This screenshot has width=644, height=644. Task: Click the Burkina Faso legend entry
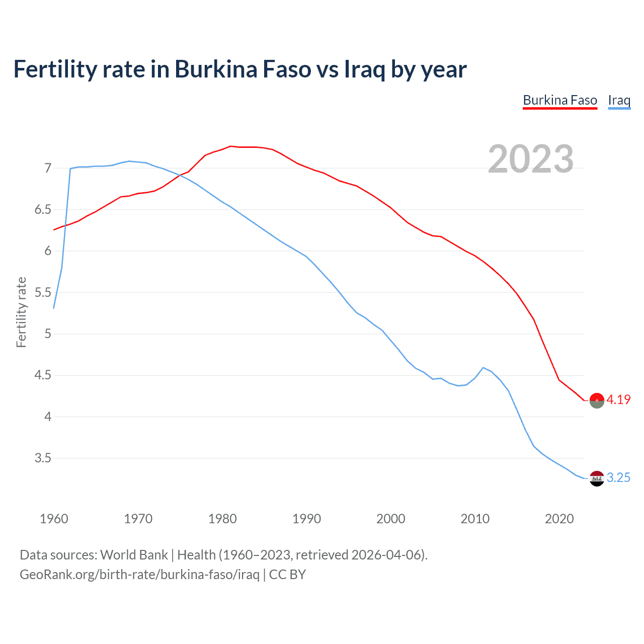pyautogui.click(x=560, y=100)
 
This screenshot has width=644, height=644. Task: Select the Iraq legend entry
pyautogui.click(x=619, y=100)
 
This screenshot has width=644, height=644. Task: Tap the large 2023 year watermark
pyautogui.click(x=531, y=159)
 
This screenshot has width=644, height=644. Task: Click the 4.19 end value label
pyautogui.click(x=618, y=399)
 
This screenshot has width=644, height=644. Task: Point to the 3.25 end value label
pyautogui.click(x=618, y=477)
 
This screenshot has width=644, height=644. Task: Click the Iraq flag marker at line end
pyautogui.click(x=597, y=478)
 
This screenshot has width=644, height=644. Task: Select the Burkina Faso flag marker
pyautogui.click(x=597, y=400)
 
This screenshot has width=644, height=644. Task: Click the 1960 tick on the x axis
pyautogui.click(x=54, y=519)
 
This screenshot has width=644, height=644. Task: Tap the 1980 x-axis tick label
pyautogui.click(x=222, y=519)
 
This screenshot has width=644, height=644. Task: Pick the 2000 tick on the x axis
pyautogui.click(x=390, y=519)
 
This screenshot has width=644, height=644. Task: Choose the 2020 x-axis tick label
pyautogui.click(x=559, y=519)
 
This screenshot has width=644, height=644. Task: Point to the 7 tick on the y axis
pyautogui.click(x=48, y=168)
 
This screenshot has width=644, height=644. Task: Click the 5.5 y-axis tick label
pyautogui.click(x=43, y=292)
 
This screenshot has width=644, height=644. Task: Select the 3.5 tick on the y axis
pyautogui.click(x=43, y=458)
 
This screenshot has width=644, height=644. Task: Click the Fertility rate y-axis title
pyautogui.click(x=21, y=312)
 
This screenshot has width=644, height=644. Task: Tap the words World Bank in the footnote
pyautogui.click(x=134, y=555)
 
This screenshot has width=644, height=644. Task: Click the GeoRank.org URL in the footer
pyautogui.click(x=139, y=575)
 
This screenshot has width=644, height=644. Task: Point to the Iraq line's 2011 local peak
pyautogui.click(x=483, y=367)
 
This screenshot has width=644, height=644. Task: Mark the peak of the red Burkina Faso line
pyautogui.click(x=230, y=146)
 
